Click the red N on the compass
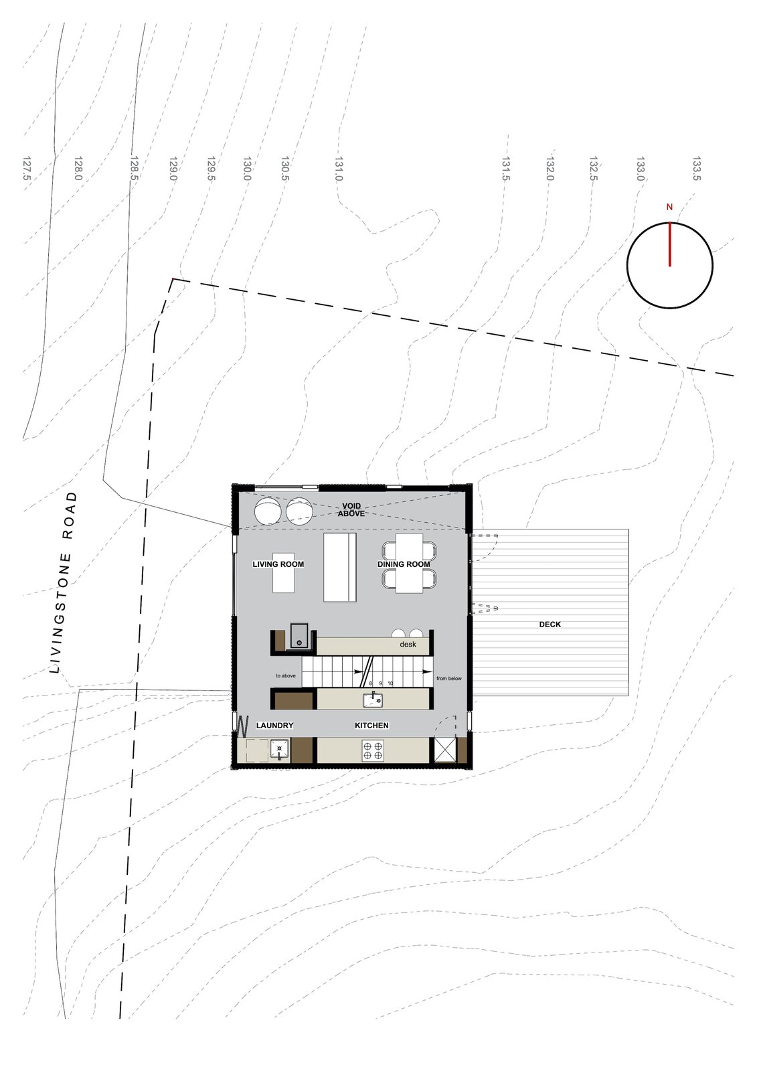(669, 208)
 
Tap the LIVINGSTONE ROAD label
(64, 582)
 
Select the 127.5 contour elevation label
(27, 169)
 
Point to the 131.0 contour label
(339, 169)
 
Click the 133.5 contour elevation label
(697, 169)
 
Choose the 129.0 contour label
(173, 169)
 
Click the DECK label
(550, 625)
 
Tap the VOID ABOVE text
(351, 510)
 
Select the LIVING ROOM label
(278, 564)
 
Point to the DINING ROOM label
(404, 564)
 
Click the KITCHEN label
(371, 726)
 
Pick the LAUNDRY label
(274, 726)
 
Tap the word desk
(408, 645)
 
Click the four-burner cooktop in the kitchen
(373, 750)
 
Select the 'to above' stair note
(286, 676)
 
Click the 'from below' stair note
(449, 679)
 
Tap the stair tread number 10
(390, 683)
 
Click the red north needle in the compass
(669, 244)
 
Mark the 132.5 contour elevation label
(593, 169)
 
